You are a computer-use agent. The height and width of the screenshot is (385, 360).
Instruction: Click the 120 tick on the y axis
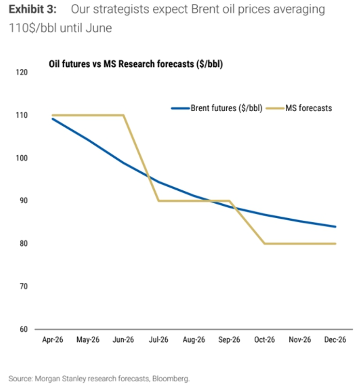click(x=22, y=72)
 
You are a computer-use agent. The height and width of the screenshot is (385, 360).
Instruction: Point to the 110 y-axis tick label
click(x=22, y=115)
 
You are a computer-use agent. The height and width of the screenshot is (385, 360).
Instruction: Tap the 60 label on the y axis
click(x=24, y=329)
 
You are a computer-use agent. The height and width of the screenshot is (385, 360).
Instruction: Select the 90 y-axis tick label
click(x=24, y=201)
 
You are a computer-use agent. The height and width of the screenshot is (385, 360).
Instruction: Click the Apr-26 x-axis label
click(x=53, y=340)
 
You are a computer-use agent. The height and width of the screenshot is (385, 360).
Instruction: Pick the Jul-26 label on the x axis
click(x=159, y=340)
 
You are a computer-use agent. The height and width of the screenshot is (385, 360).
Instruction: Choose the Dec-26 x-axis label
click(x=335, y=340)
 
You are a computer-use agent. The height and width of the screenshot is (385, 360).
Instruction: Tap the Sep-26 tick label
click(x=229, y=340)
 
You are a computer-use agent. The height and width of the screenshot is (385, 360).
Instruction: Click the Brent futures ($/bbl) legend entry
click(x=217, y=108)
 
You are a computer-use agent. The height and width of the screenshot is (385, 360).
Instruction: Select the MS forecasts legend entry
click(x=299, y=108)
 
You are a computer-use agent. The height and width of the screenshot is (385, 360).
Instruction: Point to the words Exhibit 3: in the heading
click(x=33, y=9)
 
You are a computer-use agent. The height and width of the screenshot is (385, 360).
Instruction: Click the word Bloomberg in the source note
click(x=171, y=379)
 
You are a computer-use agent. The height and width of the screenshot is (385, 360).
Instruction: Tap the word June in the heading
click(x=99, y=28)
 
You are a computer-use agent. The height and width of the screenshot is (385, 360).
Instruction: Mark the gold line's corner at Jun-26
click(x=123, y=115)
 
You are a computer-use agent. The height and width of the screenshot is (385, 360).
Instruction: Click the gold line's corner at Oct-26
click(x=264, y=244)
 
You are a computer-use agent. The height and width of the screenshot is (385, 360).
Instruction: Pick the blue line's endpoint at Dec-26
click(x=336, y=227)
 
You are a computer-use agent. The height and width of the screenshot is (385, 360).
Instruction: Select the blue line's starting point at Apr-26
click(x=53, y=119)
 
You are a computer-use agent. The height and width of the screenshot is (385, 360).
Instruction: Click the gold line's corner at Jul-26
click(x=159, y=201)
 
